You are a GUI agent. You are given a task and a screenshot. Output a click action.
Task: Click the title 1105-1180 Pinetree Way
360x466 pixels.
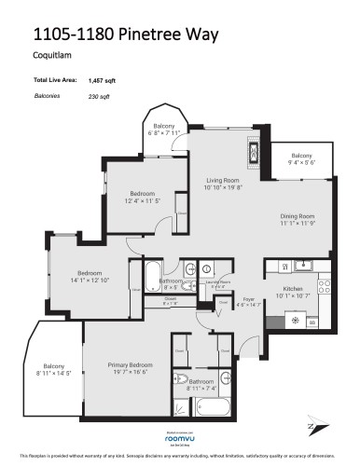(126, 34)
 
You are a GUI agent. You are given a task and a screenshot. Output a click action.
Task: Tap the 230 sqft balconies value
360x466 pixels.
(98, 96)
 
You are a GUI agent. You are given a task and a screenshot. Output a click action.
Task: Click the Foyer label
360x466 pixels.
(246, 299)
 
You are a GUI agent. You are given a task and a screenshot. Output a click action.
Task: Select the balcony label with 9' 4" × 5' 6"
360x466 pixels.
(301, 156)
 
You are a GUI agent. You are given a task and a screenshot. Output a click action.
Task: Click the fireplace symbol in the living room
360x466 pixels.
(252, 150)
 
